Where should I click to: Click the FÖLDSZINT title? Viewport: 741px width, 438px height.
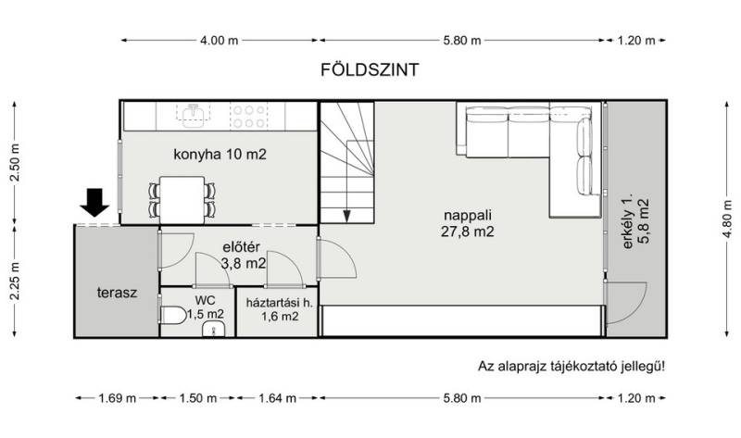coord(370,70)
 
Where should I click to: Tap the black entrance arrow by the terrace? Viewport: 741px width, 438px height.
coord(94,202)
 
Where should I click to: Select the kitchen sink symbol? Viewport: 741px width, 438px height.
coord(194,116)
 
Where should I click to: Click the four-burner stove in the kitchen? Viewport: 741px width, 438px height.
coord(248,117)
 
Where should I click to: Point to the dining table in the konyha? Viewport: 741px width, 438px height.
coord(182,199)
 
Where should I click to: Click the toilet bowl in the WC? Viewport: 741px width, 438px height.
coord(173,315)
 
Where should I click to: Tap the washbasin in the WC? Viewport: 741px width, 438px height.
coord(214,329)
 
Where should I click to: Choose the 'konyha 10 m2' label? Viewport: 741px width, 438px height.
coord(220,155)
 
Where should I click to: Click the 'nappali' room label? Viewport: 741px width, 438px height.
coord(468,215)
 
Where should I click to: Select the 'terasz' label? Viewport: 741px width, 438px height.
coord(118,293)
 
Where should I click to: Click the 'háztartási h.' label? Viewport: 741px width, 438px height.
coord(279,303)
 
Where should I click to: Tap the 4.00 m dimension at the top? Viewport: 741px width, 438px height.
coord(219,41)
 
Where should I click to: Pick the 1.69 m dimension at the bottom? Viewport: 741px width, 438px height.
coord(118,398)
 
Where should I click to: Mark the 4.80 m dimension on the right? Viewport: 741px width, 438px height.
coord(727,219)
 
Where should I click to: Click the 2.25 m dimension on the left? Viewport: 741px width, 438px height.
coord(15,281)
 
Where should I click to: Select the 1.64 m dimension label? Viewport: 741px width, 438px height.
coord(277,398)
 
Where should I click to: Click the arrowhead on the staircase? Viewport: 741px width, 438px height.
coord(346,217)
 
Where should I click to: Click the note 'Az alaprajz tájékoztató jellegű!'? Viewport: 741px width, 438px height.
coord(571,366)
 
